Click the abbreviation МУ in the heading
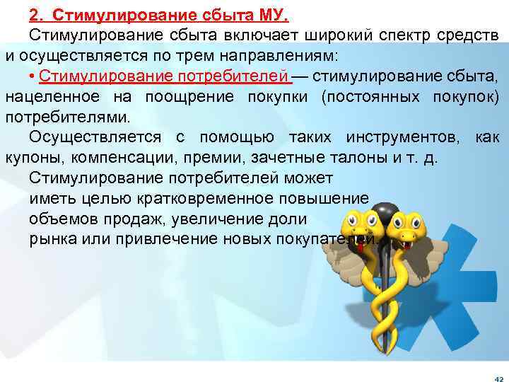[274, 15]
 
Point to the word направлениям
[277, 54]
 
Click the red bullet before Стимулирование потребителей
[33, 76]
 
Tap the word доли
[285, 219]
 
